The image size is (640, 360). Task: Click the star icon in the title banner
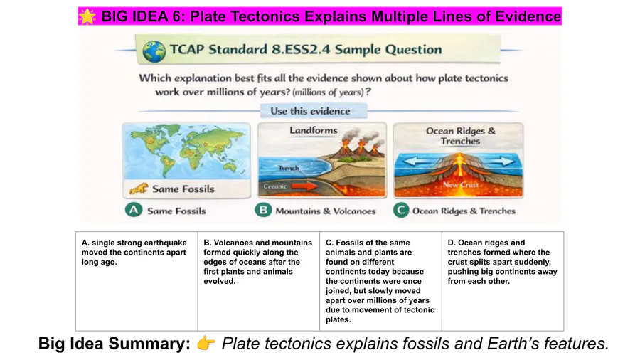tap(87, 16)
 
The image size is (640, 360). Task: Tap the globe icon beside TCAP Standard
tap(154, 51)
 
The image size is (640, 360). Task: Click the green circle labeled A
tap(134, 210)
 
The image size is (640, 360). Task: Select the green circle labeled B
tap(263, 210)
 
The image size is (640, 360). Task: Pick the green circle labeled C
tap(401, 210)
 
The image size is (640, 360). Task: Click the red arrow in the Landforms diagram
tap(304, 186)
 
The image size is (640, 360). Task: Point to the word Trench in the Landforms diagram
tap(289, 168)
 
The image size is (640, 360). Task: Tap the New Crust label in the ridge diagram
tap(461, 184)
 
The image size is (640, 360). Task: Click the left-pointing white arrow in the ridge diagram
tap(417, 162)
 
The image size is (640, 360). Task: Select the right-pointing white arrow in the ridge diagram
tap(501, 162)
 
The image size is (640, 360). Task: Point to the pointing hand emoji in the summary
tap(206, 343)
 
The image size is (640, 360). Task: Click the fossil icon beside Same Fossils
tap(139, 189)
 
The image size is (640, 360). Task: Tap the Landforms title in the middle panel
tap(314, 130)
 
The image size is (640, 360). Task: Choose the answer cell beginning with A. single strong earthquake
tap(137, 281)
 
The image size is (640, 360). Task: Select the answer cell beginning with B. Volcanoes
tap(258, 281)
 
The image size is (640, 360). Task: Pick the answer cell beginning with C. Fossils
tap(380, 281)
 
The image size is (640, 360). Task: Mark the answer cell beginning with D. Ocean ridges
tap(503, 281)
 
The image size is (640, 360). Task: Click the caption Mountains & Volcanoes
tap(325, 211)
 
